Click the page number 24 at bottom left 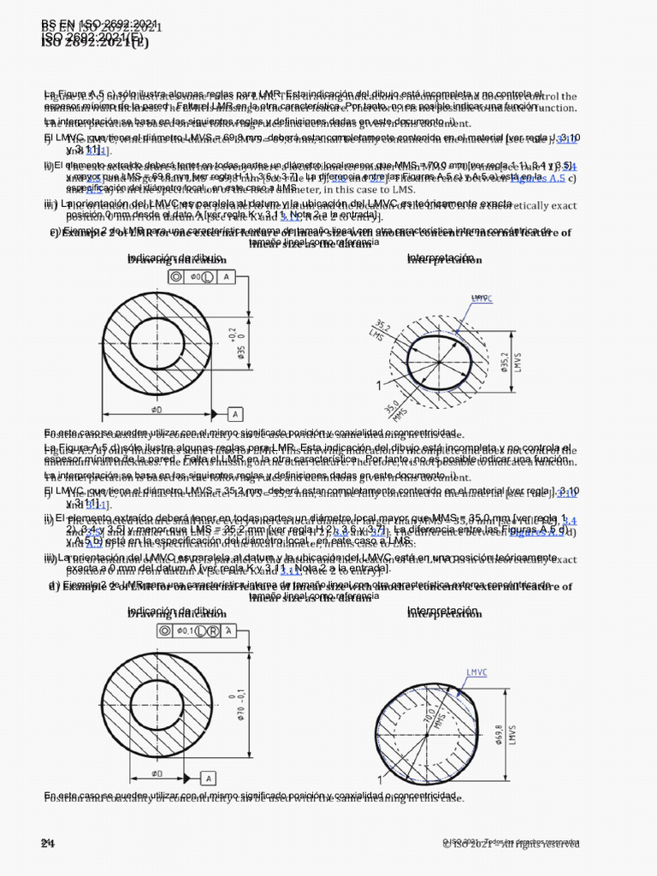click(47, 843)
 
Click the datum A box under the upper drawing click(234, 414)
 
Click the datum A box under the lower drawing click(207, 778)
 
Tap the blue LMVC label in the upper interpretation click(482, 298)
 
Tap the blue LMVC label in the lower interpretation click(477, 672)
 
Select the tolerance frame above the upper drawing click(201, 276)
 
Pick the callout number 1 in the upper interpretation click(378, 386)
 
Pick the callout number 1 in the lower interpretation click(377, 780)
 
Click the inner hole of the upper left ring click(157, 344)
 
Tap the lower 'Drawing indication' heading click(176, 613)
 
